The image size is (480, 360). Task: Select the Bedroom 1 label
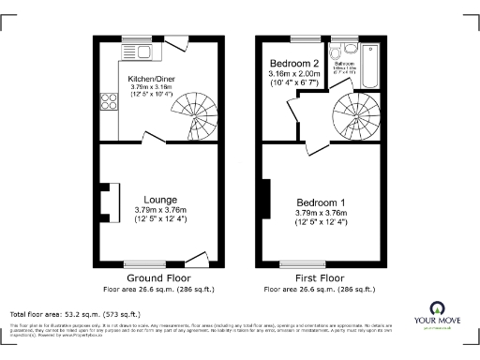(x=322, y=202)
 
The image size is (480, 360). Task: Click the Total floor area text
(x=75, y=314)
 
